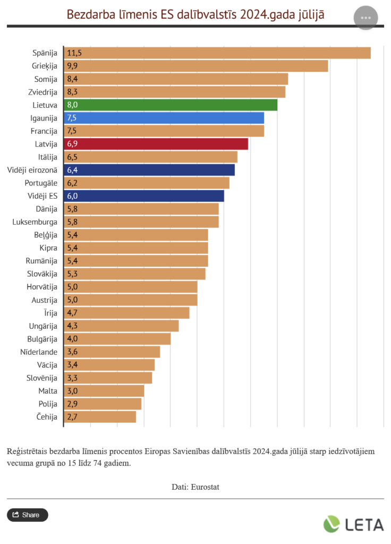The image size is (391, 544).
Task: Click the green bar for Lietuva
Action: pyautogui.click(x=170, y=105)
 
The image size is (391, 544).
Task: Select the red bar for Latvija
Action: pyautogui.click(x=156, y=144)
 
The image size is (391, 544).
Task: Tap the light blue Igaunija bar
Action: pyautogui.click(x=164, y=118)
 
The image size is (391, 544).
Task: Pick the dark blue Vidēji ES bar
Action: pyautogui.click(x=143, y=196)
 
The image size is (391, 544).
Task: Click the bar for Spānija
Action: pyautogui.click(x=217, y=53)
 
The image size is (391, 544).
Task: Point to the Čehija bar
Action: pyautogui.click(x=100, y=417)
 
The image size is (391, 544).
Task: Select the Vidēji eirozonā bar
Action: pyautogui.click(x=149, y=170)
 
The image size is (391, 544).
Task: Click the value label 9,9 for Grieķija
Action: pyautogui.click(x=73, y=66)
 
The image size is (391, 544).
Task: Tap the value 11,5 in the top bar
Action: pyautogui.click(x=74, y=53)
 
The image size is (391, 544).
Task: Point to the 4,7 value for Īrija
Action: pyautogui.click(x=73, y=313)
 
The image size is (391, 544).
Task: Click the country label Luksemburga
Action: pyautogui.click(x=35, y=222)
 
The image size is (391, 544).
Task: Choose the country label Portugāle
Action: pyautogui.click(x=41, y=183)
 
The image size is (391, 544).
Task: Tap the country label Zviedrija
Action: pyautogui.click(x=42, y=92)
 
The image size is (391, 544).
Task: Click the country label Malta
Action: pyautogui.click(x=48, y=391)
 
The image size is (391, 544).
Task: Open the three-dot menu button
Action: pyautogui.click(x=365, y=18)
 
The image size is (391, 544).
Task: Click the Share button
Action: pyautogui.click(x=27, y=515)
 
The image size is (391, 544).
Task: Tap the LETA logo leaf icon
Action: pyautogui.click(x=332, y=524)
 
